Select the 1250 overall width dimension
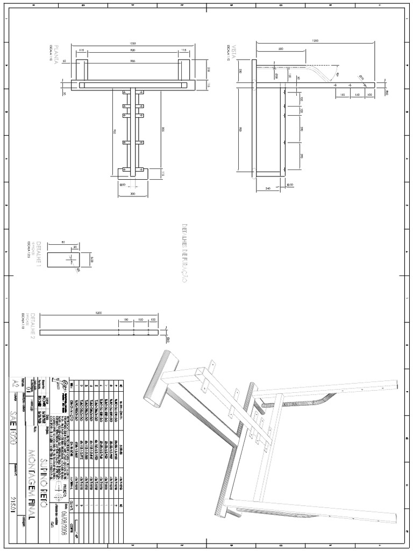coord(132,43)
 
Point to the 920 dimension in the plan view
coord(132,51)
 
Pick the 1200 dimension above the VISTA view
coord(315,40)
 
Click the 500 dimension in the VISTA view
coord(281,49)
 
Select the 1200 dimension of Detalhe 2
coord(99,313)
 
